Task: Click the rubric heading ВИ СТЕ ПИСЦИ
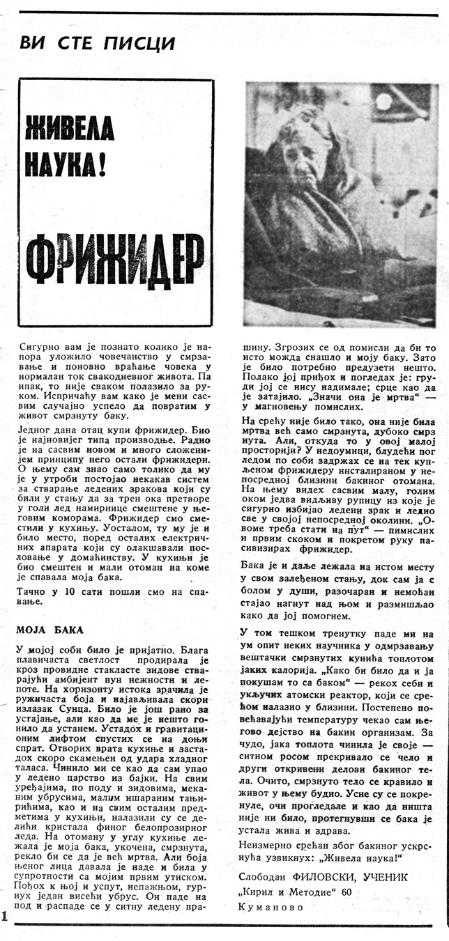pyautogui.click(x=97, y=43)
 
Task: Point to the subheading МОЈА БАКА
pyautogui.click(x=50, y=630)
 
